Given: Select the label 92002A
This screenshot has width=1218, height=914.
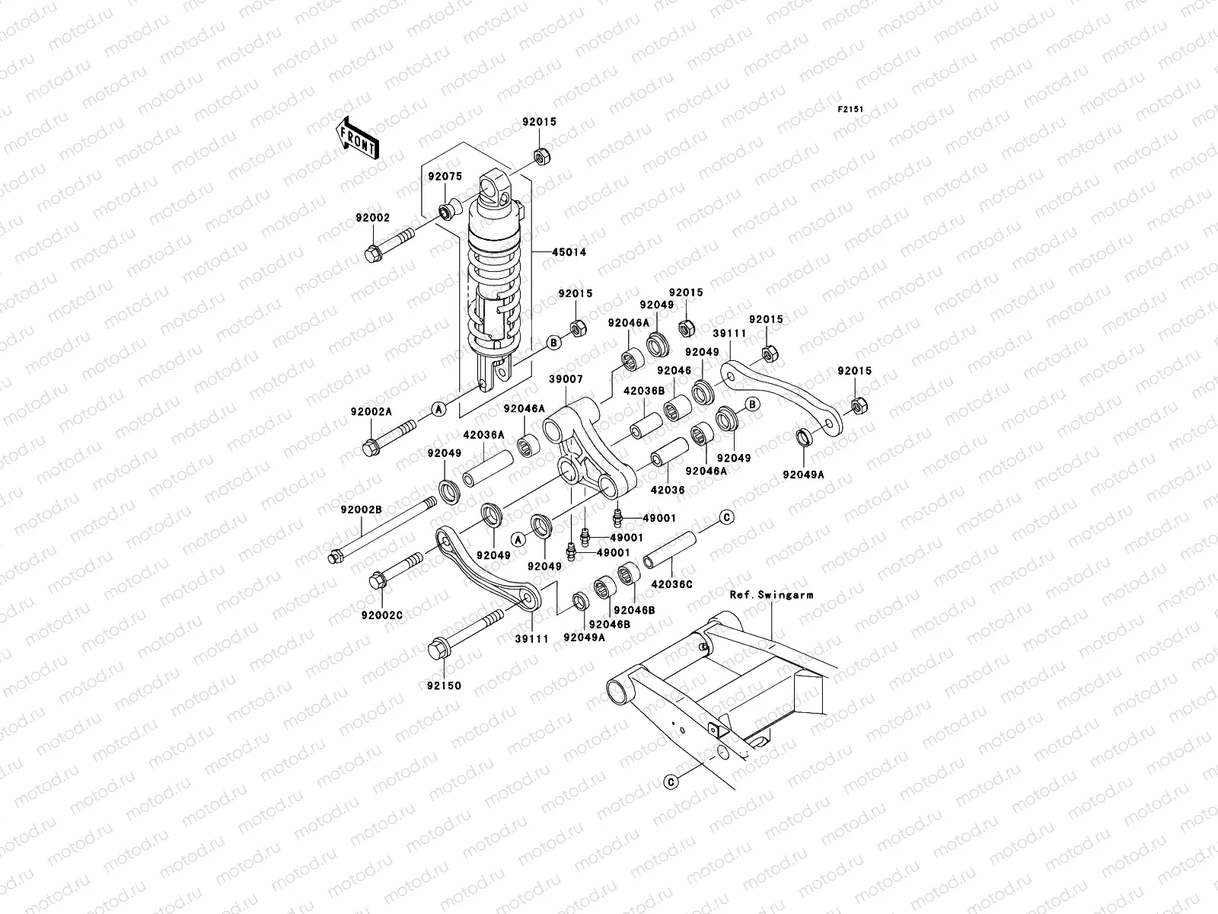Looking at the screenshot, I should coord(371,411).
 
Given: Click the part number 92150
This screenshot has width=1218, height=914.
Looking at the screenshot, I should coord(444,685).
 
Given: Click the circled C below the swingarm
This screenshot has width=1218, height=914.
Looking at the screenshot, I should coord(671,781).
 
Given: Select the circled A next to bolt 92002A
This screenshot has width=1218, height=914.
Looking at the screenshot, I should coord(438,409).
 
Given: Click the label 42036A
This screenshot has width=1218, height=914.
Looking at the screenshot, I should coord(484,435).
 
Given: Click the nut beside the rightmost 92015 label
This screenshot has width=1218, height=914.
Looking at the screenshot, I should coord(856,405).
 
